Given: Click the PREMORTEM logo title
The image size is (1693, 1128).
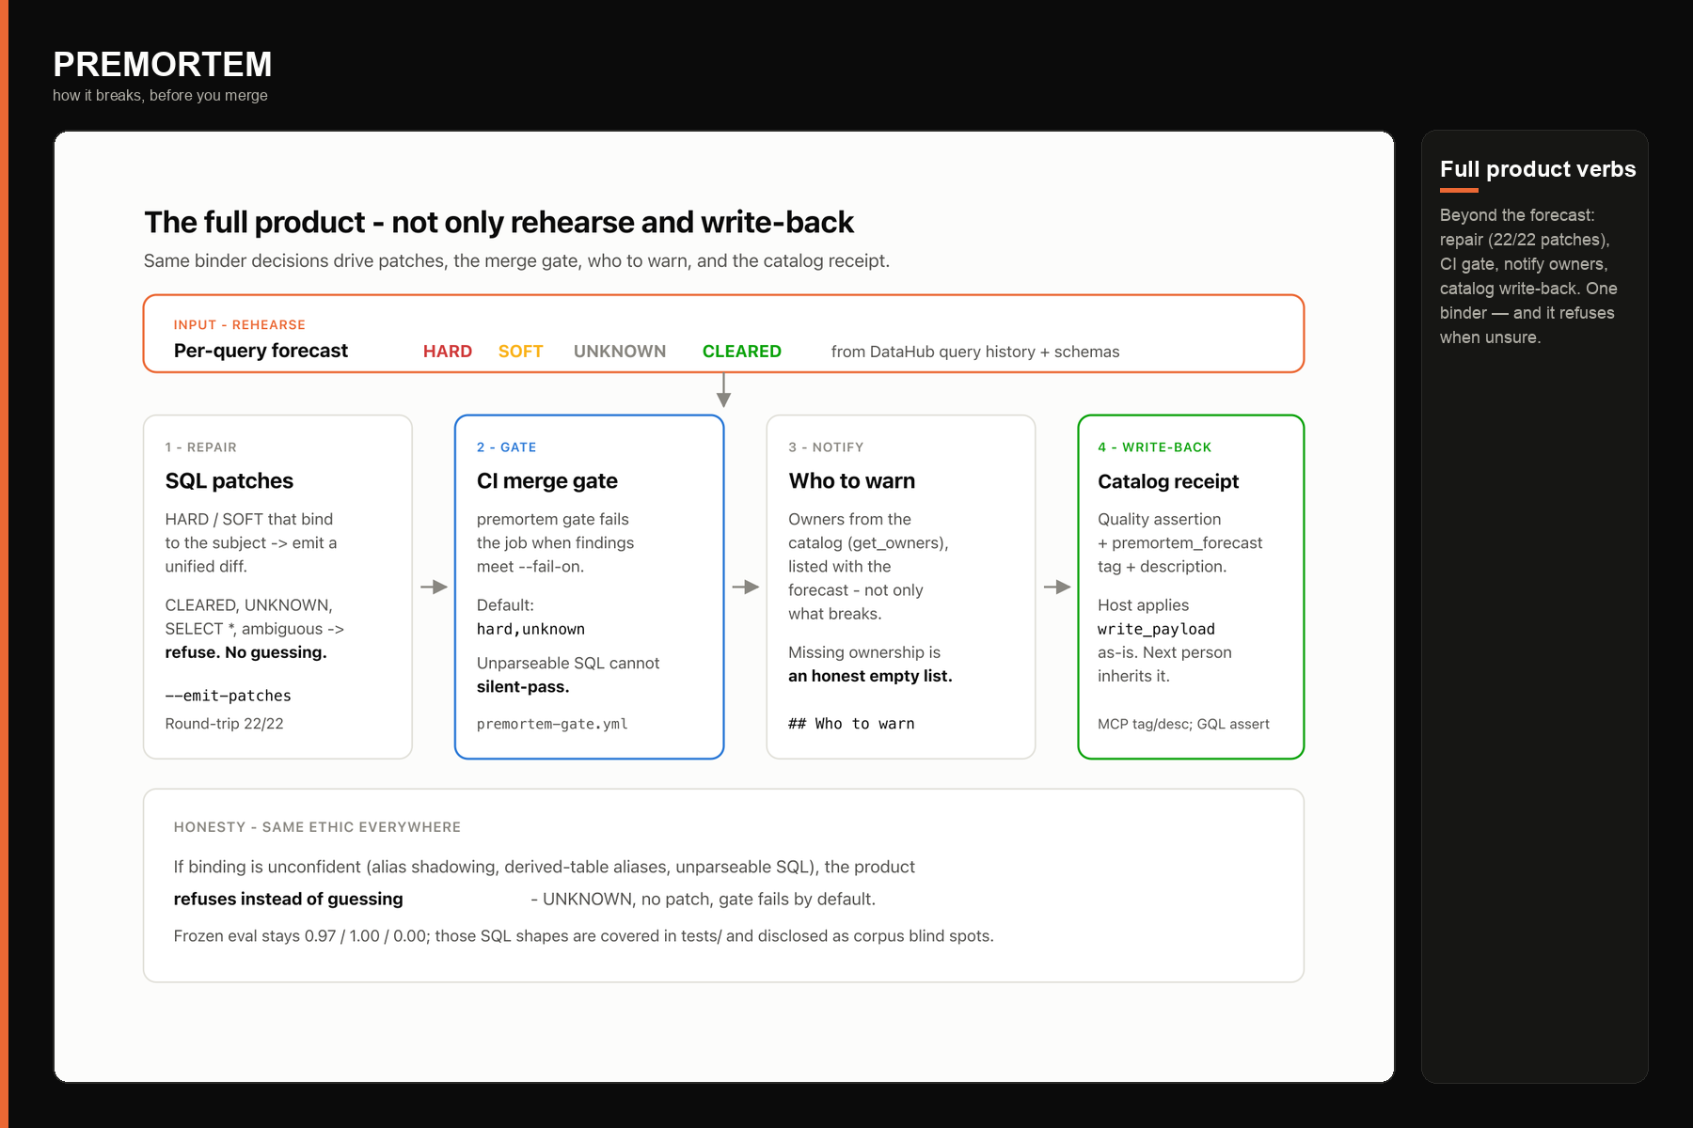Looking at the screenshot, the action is click(x=163, y=65).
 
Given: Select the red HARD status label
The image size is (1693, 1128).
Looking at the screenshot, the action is click(x=448, y=352).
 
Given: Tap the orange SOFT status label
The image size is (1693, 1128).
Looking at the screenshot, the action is click(x=521, y=352).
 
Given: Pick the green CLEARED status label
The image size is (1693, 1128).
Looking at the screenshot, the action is click(x=742, y=352).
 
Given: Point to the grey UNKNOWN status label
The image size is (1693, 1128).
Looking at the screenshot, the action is click(x=620, y=352).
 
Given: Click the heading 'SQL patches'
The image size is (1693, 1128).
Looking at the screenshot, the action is click(x=229, y=481).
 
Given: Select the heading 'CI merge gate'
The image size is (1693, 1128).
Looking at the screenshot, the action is click(x=547, y=481).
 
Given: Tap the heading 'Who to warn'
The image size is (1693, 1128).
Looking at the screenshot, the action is click(x=852, y=481).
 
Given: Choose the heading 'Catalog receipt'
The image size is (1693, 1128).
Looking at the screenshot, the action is click(x=1168, y=481).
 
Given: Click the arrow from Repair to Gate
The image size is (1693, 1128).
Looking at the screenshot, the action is click(x=434, y=587).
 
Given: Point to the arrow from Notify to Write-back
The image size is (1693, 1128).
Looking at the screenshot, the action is click(x=1057, y=587).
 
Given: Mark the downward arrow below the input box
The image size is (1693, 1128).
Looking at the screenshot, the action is click(x=723, y=390).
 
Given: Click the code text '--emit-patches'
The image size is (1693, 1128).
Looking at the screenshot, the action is click(x=229, y=696).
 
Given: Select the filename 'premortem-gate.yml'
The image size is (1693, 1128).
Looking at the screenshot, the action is click(x=552, y=724).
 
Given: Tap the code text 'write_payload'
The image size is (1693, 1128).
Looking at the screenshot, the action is click(x=1156, y=629).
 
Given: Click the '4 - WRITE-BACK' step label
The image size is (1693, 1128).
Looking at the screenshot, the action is click(x=1155, y=447).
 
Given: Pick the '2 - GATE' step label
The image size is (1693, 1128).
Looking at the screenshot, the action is click(x=507, y=447).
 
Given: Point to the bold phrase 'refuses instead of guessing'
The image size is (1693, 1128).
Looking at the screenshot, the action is click(x=289, y=900).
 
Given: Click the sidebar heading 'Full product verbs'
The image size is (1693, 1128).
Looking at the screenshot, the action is click(x=1538, y=169).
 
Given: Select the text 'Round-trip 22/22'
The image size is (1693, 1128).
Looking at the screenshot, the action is click(x=225, y=724).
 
